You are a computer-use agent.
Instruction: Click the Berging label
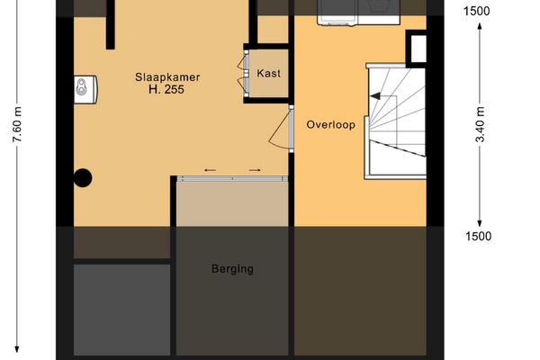(x=232, y=268)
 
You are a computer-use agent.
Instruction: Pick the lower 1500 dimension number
(x=479, y=237)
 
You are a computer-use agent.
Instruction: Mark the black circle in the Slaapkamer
(x=83, y=178)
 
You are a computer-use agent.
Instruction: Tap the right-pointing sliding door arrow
(x=255, y=169)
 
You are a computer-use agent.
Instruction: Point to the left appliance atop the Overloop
(x=339, y=10)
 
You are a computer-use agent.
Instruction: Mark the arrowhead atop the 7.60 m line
(x=17, y=4)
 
